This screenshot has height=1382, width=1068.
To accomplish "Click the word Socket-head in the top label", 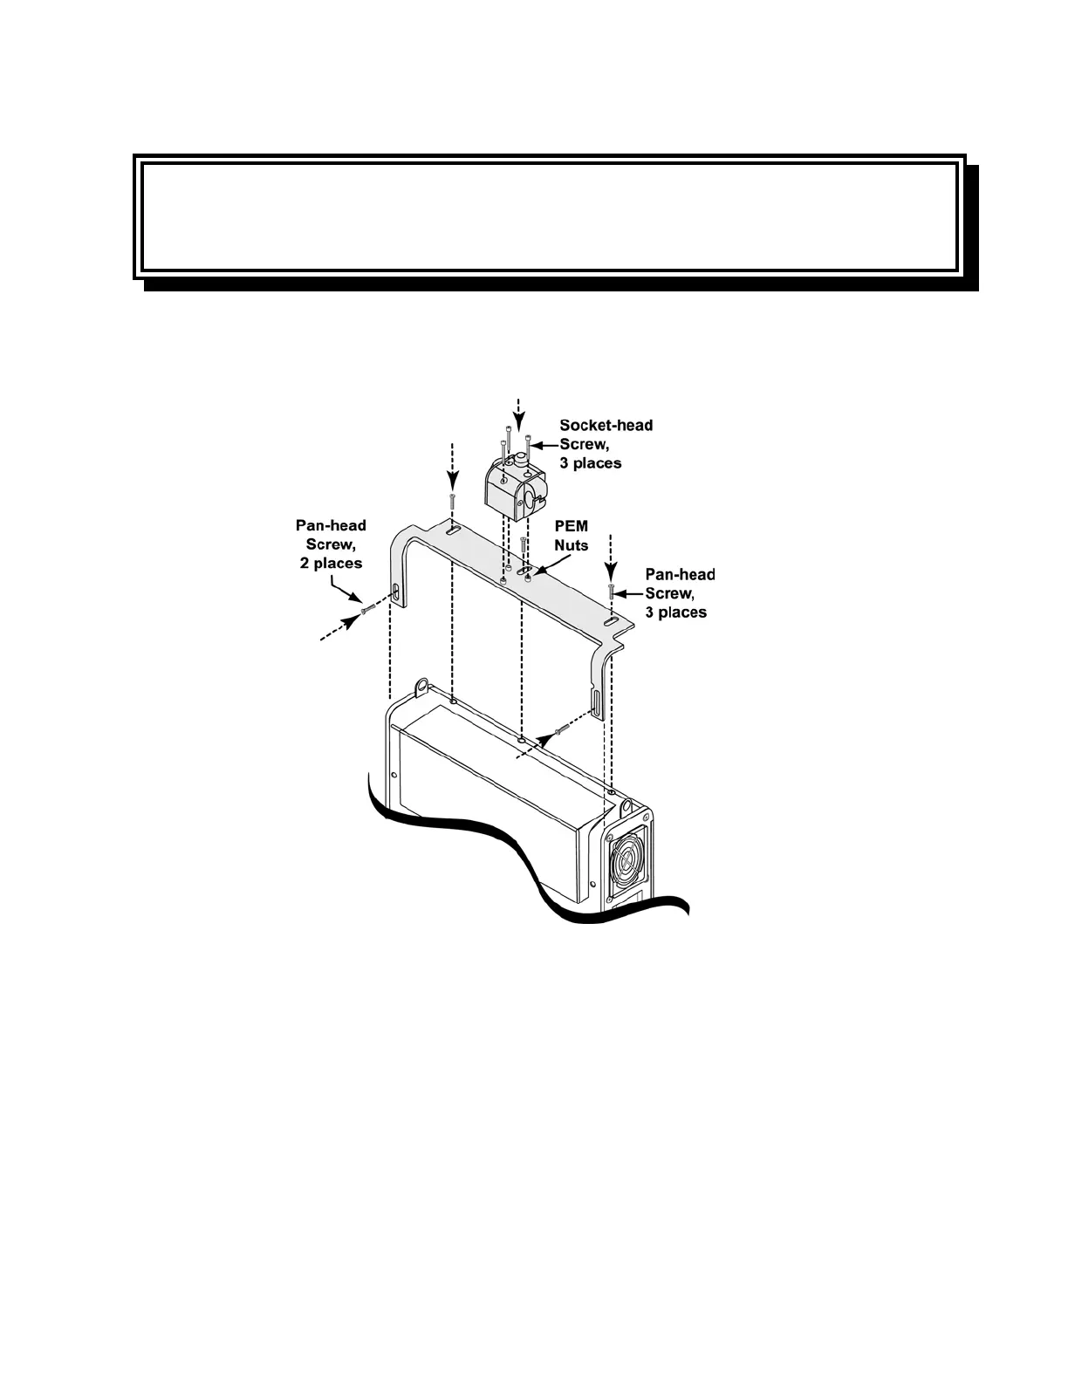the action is pyautogui.click(x=606, y=426).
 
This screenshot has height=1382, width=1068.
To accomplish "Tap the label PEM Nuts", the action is pyautogui.click(x=572, y=536).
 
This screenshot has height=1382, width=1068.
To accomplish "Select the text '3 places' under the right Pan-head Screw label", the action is pyautogui.click(x=676, y=612).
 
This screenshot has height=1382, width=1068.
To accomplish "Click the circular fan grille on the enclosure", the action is pyautogui.click(x=626, y=863).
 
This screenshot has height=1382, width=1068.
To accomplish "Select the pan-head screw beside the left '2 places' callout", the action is pyautogui.click(x=367, y=608).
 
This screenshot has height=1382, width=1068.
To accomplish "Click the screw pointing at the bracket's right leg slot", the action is pyautogui.click(x=562, y=728).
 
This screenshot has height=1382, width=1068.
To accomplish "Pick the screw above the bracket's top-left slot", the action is pyautogui.click(x=453, y=502).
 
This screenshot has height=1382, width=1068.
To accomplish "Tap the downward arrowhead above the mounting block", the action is pyautogui.click(x=520, y=424).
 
